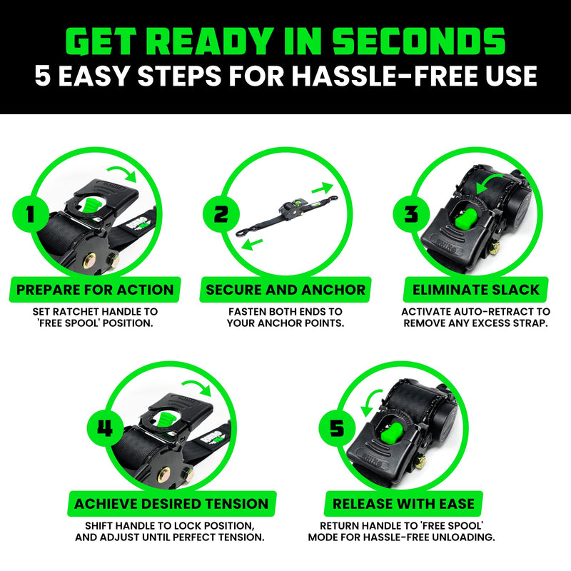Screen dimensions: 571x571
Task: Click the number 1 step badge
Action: click(x=30, y=213)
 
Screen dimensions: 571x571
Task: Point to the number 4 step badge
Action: click(x=106, y=428)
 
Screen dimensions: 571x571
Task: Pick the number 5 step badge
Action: click(x=336, y=428)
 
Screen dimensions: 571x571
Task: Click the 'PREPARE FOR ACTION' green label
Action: click(x=95, y=290)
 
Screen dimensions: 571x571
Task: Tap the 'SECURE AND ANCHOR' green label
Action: click(x=285, y=290)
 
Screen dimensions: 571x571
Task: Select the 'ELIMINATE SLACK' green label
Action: click(x=476, y=290)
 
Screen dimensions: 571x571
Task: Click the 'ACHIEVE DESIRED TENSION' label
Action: click(x=171, y=504)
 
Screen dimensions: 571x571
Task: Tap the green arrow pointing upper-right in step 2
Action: click(x=323, y=188)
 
